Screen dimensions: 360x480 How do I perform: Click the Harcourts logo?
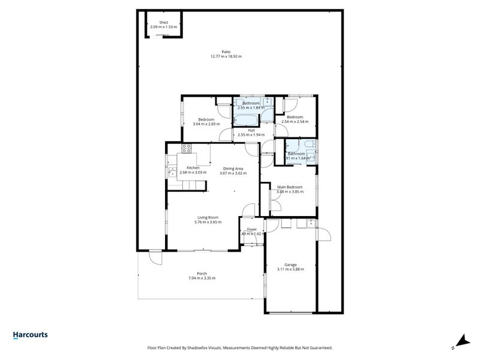(30, 335)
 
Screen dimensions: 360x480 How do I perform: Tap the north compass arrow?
(461, 341)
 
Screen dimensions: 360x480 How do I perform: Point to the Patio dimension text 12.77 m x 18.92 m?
(226, 56)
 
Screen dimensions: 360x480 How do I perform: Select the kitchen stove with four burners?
(186, 148)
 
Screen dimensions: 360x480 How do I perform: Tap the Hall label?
(251, 130)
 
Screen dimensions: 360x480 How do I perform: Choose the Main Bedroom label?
(290, 187)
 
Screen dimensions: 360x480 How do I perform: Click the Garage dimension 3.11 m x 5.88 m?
(290, 269)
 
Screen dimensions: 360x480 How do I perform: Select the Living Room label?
(208, 217)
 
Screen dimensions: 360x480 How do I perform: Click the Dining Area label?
(233, 168)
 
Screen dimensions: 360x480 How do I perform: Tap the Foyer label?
(251, 229)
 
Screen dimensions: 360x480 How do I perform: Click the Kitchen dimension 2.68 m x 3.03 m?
(193, 173)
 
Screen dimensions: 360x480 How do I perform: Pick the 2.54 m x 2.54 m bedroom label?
(294, 122)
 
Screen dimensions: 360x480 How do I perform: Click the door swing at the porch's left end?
(155, 258)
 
